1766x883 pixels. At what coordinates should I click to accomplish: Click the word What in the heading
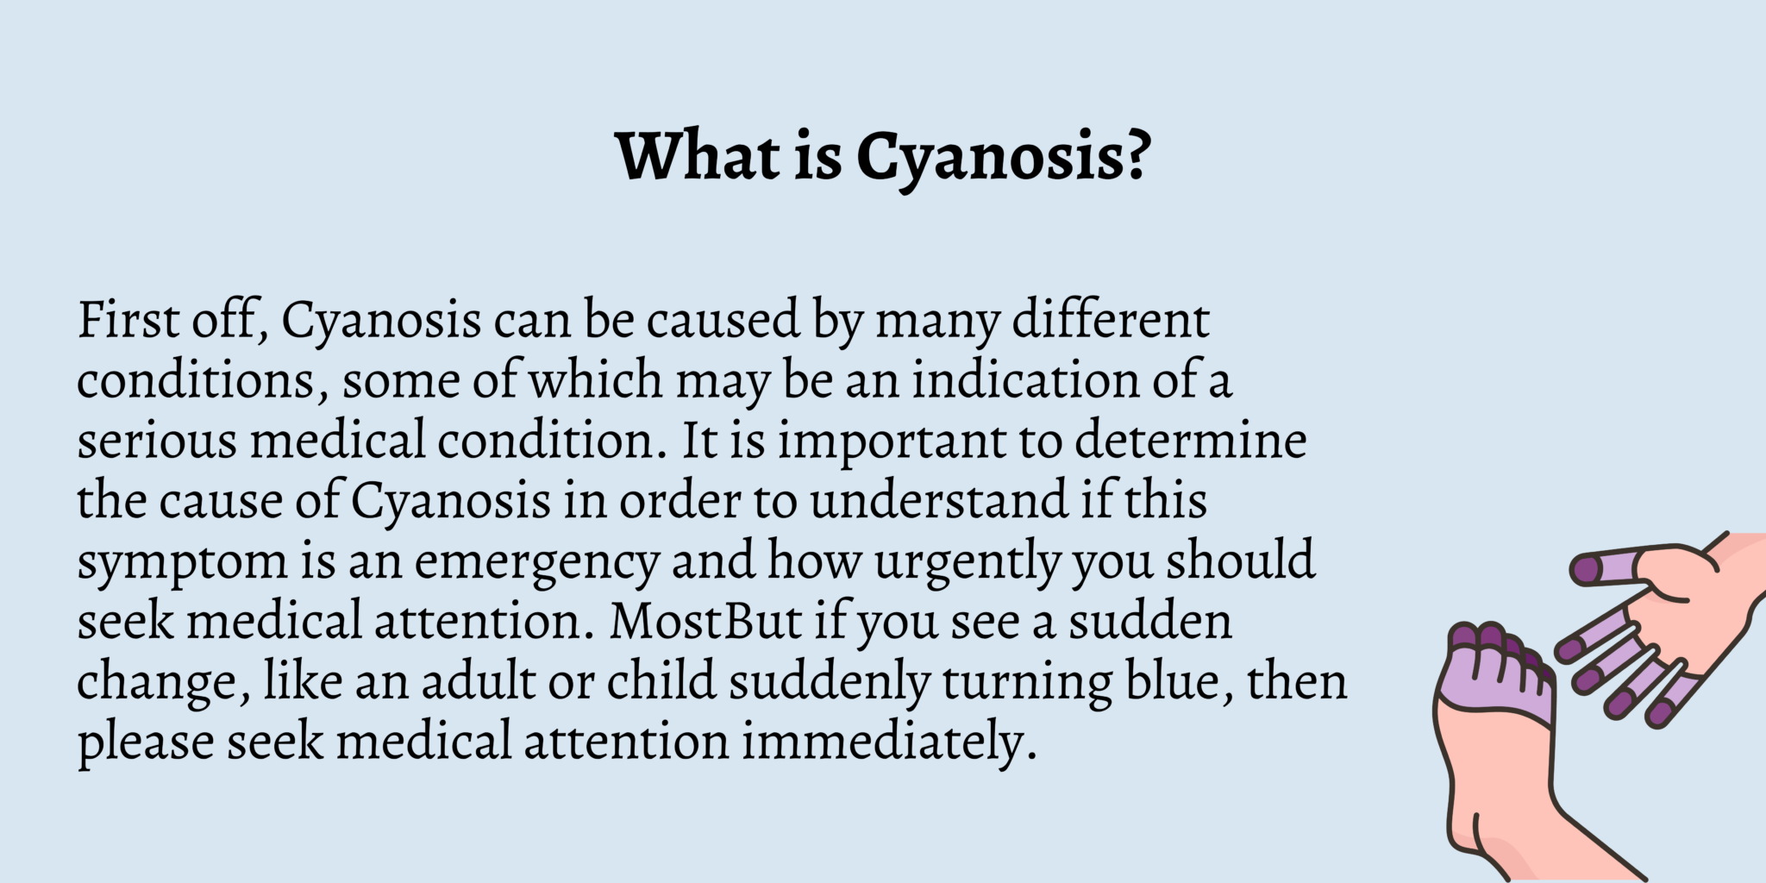698,156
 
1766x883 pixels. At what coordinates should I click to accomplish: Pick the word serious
157,441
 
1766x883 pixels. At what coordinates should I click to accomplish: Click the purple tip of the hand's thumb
1587,569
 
